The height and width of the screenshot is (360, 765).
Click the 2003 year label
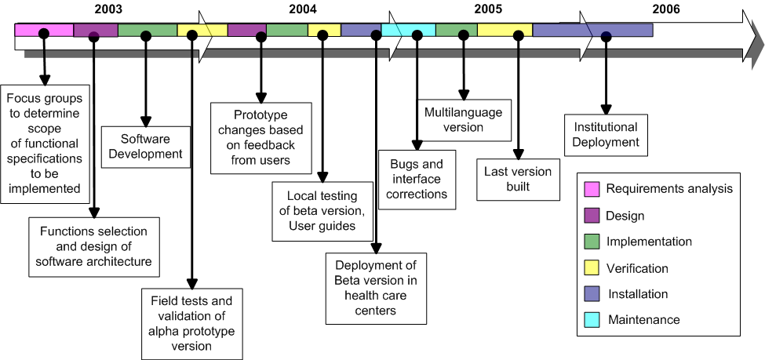point(108,9)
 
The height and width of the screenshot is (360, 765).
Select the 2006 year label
point(666,9)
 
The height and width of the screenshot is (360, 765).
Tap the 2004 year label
point(303,9)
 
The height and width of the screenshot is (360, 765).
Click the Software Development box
point(146,147)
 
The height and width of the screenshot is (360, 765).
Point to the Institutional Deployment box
point(606,135)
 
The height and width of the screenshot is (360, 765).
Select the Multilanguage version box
point(464,121)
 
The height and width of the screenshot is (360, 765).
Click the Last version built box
point(518,180)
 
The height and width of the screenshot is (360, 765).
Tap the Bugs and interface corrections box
point(417,180)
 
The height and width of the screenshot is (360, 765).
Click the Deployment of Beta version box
point(376,289)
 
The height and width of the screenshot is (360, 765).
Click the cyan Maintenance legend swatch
point(592,320)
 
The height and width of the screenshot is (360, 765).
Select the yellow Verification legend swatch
point(592,267)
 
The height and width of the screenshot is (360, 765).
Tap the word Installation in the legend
point(638,294)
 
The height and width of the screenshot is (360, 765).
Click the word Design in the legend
point(625,216)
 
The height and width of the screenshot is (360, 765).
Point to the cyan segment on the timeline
point(408,30)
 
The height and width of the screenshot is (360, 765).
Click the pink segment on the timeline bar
point(44,30)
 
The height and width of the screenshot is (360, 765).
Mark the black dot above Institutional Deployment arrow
point(606,35)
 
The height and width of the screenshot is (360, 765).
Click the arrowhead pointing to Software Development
point(145,122)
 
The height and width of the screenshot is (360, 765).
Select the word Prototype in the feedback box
point(260,115)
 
